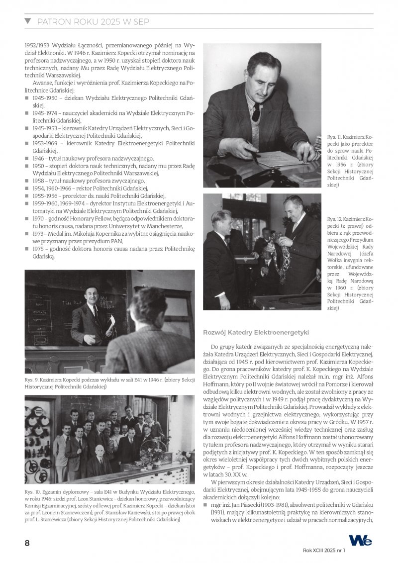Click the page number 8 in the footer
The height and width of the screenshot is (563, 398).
pyautogui.click(x=27, y=543)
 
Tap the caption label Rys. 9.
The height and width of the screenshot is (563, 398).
pyautogui.click(x=32, y=379)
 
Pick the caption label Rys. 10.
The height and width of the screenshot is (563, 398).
pyautogui.click(x=33, y=478)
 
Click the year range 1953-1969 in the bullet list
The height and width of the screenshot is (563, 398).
pyautogui.click(x=45, y=143)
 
